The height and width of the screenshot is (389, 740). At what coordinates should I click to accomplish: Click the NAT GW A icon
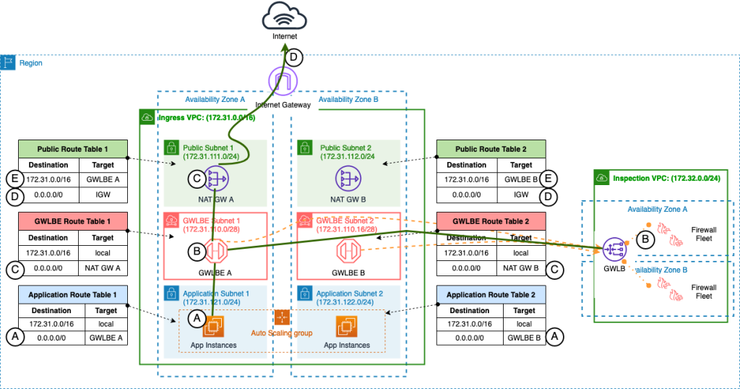[216, 178]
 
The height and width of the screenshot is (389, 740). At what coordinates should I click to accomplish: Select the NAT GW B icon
[348, 178]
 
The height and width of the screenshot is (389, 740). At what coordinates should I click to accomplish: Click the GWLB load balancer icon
[615, 249]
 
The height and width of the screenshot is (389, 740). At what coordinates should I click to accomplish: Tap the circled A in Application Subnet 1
[195, 317]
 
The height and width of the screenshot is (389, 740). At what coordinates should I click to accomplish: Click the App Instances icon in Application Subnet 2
[348, 327]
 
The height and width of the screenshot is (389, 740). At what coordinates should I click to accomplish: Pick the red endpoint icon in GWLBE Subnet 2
[348, 252]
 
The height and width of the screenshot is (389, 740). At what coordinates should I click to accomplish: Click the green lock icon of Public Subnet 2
[304, 148]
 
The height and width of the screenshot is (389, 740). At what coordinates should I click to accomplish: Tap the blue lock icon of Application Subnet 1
[171, 293]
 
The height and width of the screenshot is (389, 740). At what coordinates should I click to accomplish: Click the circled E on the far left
[12, 178]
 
